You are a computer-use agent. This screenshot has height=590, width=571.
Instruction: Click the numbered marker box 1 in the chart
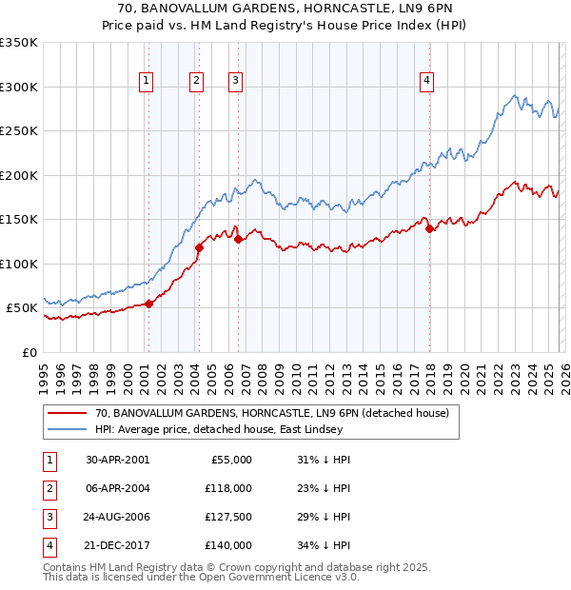[x=147, y=82]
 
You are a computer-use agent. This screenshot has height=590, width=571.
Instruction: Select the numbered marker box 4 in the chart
[x=427, y=82]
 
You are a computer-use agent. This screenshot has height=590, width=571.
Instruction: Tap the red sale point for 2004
[x=199, y=248]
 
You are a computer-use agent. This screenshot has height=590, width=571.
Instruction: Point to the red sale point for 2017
[x=429, y=228]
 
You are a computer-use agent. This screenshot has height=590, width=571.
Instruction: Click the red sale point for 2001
[x=149, y=304]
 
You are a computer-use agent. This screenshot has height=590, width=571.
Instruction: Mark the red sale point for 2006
[x=239, y=240]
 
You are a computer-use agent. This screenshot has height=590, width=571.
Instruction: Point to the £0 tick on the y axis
[x=30, y=352]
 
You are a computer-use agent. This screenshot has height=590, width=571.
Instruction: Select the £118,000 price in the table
[x=228, y=488]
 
